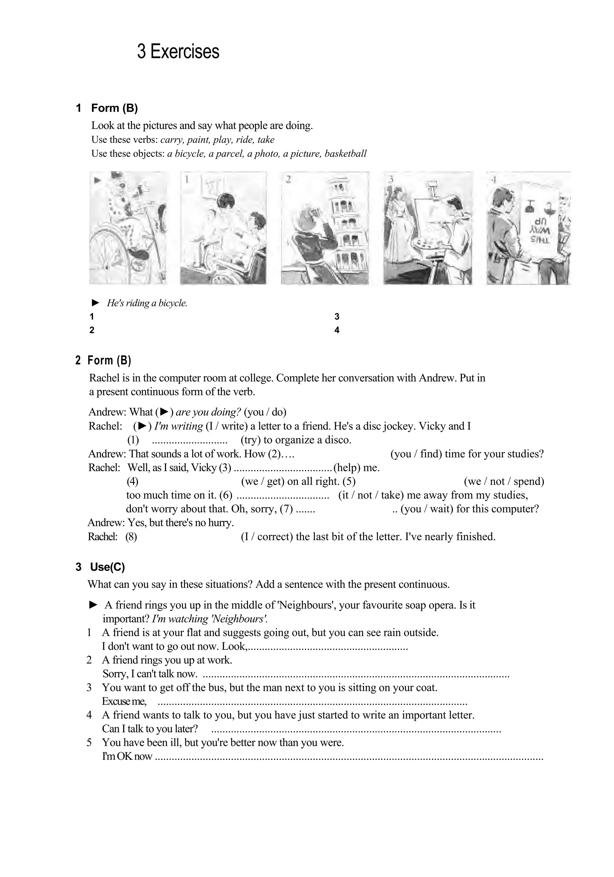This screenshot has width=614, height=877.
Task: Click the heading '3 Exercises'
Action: click(x=178, y=52)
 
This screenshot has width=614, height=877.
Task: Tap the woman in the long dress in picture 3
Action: click(x=397, y=225)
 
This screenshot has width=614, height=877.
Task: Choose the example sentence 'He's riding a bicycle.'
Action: click(x=147, y=303)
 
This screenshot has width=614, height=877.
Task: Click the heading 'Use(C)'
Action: click(x=107, y=567)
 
